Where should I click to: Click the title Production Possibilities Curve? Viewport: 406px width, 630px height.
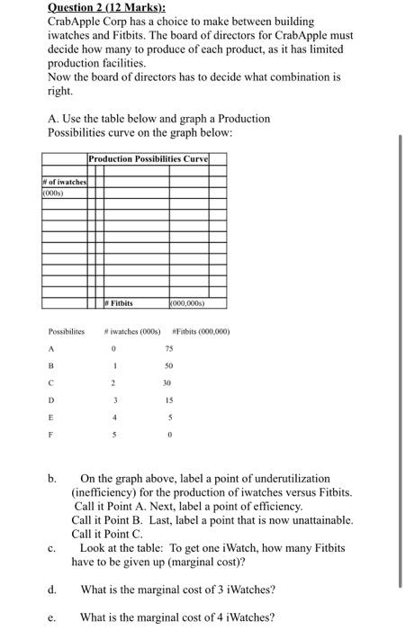coord(148,159)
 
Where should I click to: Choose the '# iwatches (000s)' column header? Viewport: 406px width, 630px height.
coord(139,332)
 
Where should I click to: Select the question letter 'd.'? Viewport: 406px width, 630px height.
coord(54,590)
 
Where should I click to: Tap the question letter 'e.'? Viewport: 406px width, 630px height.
coord(54,617)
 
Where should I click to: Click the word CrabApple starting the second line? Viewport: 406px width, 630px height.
coord(77,21)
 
